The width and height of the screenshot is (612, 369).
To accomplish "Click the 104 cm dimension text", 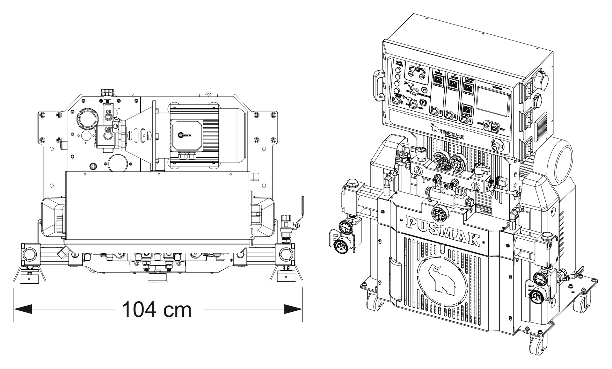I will point(157,309).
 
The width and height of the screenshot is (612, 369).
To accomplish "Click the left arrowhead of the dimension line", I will point(22,309).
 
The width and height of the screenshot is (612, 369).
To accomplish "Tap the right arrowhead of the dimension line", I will point(293,309).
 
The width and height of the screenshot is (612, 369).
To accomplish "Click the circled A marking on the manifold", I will point(419,171).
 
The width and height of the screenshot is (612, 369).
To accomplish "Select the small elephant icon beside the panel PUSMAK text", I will point(434,127).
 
